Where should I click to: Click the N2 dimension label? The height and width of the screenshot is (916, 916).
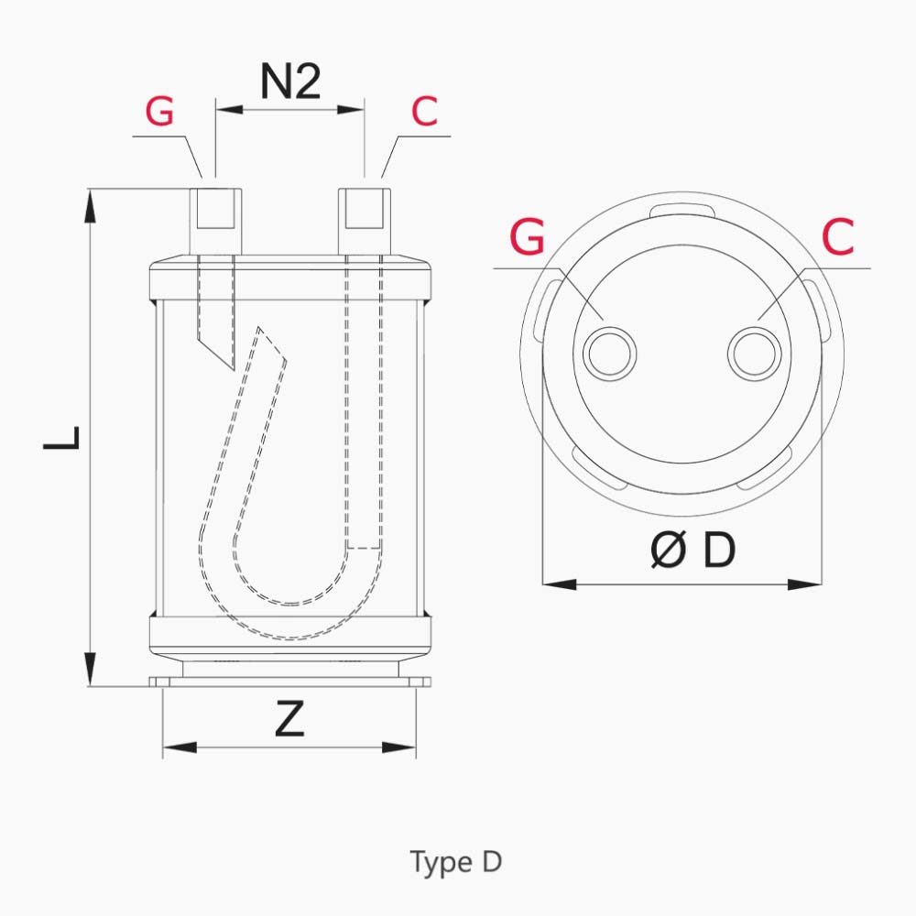coord(290,82)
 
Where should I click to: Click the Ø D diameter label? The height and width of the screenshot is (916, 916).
coord(692,551)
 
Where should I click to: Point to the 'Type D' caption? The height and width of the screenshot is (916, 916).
coord(455,862)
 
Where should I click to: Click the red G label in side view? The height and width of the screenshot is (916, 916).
coord(159,111)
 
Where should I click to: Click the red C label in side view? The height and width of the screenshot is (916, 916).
coord(424,111)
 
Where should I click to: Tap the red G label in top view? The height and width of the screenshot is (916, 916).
coord(527,236)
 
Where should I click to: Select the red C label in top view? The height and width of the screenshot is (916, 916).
coord(837,236)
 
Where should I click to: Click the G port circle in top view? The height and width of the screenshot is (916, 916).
coord(609,354)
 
